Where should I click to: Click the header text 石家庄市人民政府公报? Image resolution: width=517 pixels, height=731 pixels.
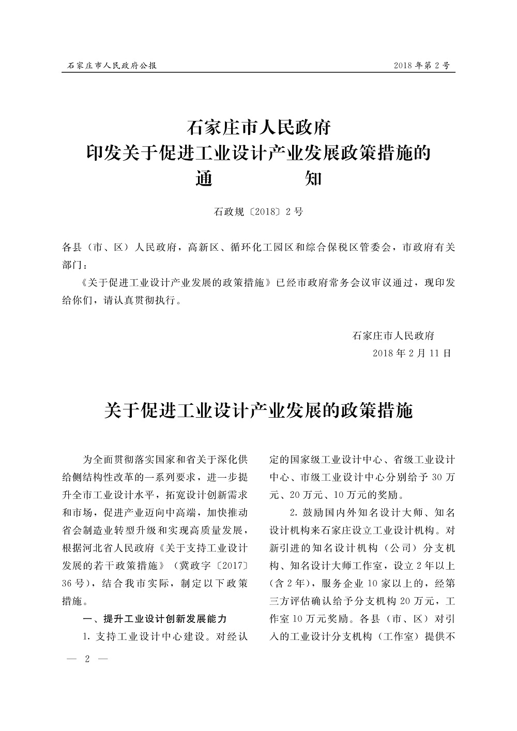[x=112, y=66]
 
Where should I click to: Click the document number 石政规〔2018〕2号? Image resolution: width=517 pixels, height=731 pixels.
[x=258, y=211]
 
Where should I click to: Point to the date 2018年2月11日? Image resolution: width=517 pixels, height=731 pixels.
[x=412, y=353]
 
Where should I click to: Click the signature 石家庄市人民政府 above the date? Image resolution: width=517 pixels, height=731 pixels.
[x=393, y=335]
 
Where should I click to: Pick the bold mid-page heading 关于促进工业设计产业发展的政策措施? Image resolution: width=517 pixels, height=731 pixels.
[x=258, y=411]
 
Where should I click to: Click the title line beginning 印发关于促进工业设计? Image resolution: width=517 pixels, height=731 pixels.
[x=258, y=154]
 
